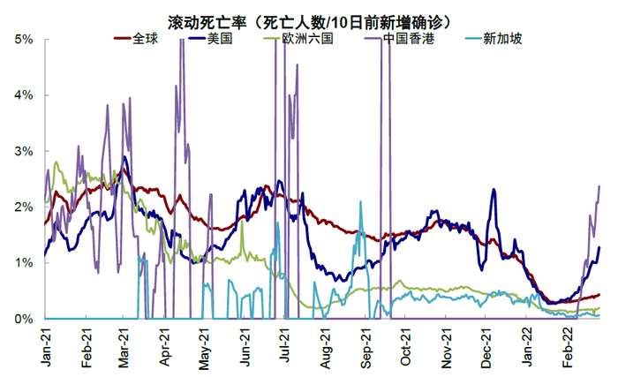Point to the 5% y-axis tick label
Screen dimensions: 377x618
[x=24, y=40]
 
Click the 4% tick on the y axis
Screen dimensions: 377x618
[x=24, y=95]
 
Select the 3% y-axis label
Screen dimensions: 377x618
[x=24, y=151]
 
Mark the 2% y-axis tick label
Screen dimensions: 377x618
[x=24, y=207]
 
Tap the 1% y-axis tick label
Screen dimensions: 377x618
[x=24, y=262]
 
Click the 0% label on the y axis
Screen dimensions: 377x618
[x=24, y=318]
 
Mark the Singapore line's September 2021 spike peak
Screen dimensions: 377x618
[x=360, y=202]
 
